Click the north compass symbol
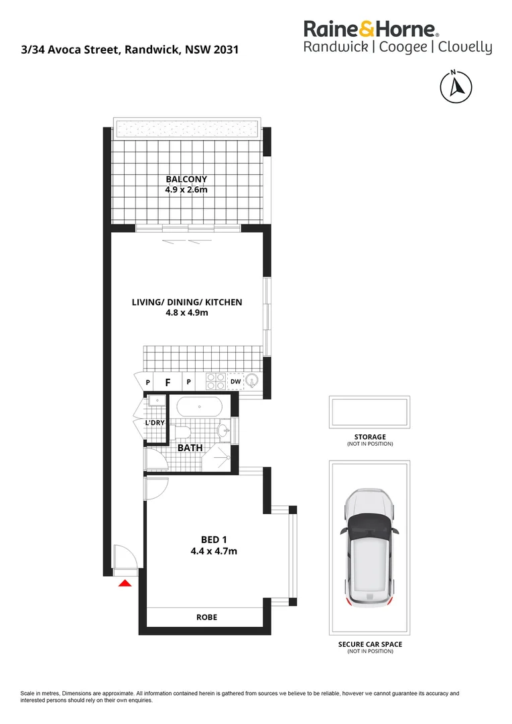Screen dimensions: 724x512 pyautogui.click(x=455, y=86)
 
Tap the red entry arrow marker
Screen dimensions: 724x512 pyautogui.click(x=124, y=584)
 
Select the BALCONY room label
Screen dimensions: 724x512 pyautogui.click(x=186, y=179)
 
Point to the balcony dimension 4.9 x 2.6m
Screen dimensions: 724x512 pyautogui.click(x=186, y=190)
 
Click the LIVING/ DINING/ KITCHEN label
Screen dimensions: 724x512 pyautogui.click(x=187, y=302)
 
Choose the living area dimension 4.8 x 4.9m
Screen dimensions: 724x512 pyautogui.click(x=187, y=313)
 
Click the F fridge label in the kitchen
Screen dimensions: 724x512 pyautogui.click(x=168, y=383)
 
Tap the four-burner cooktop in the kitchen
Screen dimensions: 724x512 pyautogui.click(x=215, y=381)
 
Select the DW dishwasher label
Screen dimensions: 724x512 pyautogui.click(x=235, y=382)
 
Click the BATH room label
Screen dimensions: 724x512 pyautogui.click(x=190, y=447)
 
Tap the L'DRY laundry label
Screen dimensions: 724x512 pyautogui.click(x=155, y=423)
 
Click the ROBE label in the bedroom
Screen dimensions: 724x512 pyautogui.click(x=206, y=617)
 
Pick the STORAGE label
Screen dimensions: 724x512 pyautogui.click(x=369, y=437)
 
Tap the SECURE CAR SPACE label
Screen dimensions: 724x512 pyautogui.click(x=369, y=644)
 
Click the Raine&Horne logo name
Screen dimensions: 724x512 pyautogui.click(x=371, y=29)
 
